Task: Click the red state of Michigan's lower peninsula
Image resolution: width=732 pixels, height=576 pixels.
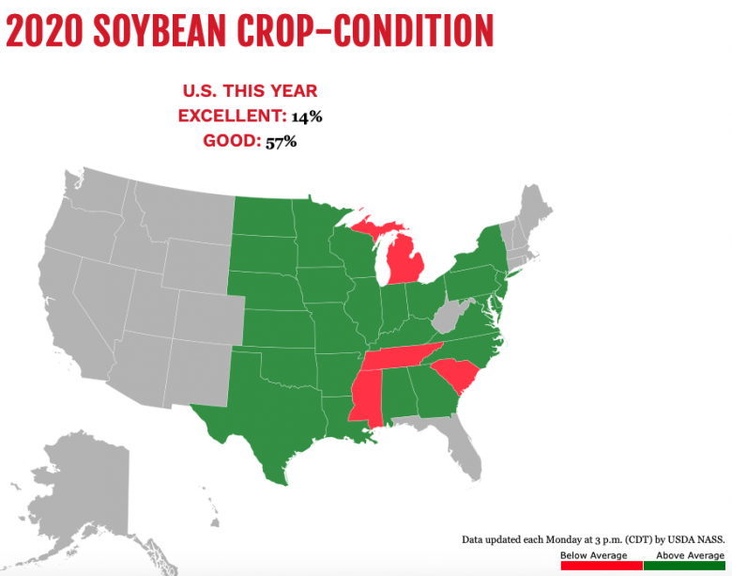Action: point(404,258)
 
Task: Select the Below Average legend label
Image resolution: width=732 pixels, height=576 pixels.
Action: point(593,556)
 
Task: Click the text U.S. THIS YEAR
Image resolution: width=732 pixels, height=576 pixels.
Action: point(250,91)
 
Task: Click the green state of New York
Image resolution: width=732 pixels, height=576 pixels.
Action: point(479,252)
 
